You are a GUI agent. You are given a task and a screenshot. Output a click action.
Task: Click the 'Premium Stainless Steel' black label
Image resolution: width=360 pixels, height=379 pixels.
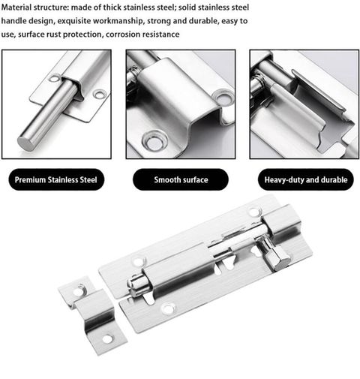56,179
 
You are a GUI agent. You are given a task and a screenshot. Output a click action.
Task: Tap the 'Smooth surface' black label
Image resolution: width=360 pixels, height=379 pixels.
181,179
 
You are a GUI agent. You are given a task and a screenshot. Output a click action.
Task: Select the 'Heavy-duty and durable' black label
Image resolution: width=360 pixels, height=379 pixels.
306,179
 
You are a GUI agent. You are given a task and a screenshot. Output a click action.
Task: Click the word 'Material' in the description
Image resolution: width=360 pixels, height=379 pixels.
16,8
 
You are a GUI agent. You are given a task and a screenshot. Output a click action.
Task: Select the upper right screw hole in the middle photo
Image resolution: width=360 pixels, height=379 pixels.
223,98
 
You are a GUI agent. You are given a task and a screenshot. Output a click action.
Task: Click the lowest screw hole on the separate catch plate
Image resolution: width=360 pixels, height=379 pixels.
108,339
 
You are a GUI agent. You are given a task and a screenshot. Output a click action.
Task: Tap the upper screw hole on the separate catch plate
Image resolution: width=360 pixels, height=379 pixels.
79,290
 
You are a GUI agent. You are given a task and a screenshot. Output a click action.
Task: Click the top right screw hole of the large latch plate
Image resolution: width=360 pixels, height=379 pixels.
253,212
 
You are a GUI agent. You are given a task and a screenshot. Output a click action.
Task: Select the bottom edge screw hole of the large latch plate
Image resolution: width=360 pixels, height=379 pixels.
168,308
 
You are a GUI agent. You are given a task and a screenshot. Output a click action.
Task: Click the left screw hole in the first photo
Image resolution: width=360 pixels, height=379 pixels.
55,78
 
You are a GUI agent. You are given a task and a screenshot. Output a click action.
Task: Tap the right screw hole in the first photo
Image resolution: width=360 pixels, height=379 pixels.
100,95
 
